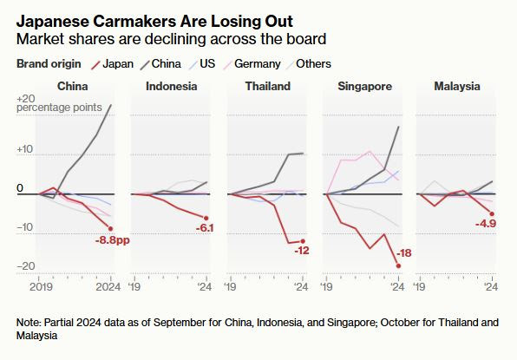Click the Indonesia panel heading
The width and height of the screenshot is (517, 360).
[x=171, y=87]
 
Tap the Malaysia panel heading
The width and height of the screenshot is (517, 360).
[x=457, y=87]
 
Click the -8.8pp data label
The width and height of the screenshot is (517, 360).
[x=112, y=239]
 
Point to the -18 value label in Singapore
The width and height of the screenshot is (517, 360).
[x=404, y=252]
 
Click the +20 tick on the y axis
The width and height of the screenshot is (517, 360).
[x=26, y=99]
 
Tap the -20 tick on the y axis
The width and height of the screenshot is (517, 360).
[x=26, y=266]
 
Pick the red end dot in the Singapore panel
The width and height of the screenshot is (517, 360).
[x=398, y=266]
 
